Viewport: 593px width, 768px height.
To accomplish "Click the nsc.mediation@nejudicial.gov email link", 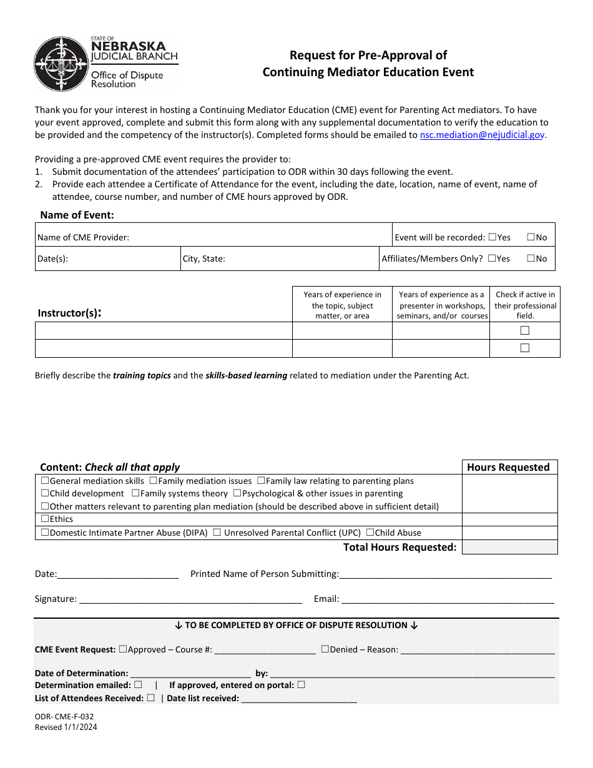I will click(x=483, y=134).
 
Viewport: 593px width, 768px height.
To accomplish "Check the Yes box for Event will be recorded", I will click(x=493, y=237).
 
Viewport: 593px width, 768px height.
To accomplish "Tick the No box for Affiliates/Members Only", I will click(x=531, y=258).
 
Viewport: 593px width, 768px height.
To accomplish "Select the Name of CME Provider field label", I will click(x=84, y=237).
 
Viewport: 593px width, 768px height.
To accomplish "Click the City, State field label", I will click(x=204, y=258).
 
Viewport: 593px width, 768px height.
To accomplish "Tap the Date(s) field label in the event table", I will click(x=52, y=258).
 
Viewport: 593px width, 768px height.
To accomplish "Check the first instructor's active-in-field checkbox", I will click(x=525, y=330).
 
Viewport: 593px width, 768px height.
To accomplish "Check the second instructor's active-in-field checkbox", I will click(x=525, y=348).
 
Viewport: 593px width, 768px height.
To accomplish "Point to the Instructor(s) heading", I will click(x=69, y=313).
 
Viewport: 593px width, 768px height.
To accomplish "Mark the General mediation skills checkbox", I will click(x=45, y=481).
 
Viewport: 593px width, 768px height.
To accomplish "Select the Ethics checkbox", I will click(x=45, y=519).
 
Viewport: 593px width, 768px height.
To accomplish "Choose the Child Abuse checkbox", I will click(x=370, y=533).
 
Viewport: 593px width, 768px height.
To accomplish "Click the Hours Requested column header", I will click(x=508, y=467).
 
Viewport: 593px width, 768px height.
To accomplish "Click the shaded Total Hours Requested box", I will click(x=509, y=547).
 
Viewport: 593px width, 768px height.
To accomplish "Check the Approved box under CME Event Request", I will click(x=123, y=649).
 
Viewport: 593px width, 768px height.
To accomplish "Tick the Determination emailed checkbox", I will click(x=138, y=684).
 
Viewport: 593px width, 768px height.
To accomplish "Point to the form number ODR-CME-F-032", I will click(x=64, y=717).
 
